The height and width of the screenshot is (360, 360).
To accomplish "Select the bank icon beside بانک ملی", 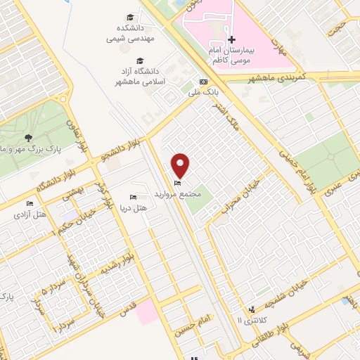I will [204, 82].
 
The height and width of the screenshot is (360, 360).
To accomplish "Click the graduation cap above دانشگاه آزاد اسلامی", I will [139, 60].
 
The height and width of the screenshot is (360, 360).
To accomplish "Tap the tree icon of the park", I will [28, 138].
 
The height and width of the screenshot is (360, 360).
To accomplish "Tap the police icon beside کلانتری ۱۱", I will [252, 309].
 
